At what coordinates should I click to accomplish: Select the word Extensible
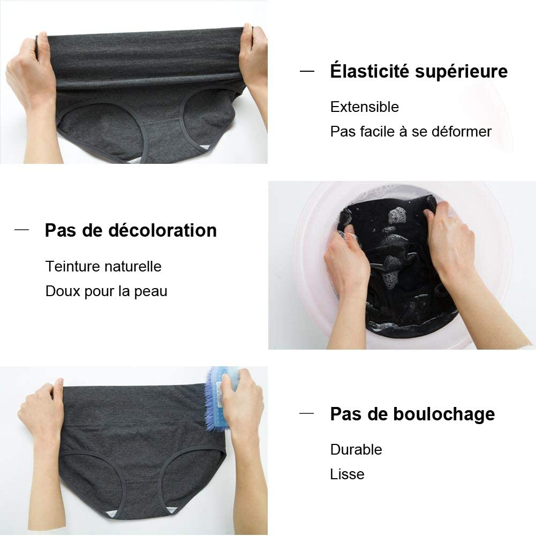(365, 107)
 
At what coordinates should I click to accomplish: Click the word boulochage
(444, 414)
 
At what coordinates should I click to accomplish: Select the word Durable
(356, 449)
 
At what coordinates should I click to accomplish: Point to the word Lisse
(347, 474)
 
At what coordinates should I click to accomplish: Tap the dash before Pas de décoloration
(21, 230)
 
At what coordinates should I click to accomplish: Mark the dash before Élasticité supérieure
(307, 71)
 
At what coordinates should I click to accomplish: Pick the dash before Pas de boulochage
(307, 413)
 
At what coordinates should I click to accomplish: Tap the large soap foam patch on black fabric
(397, 216)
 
